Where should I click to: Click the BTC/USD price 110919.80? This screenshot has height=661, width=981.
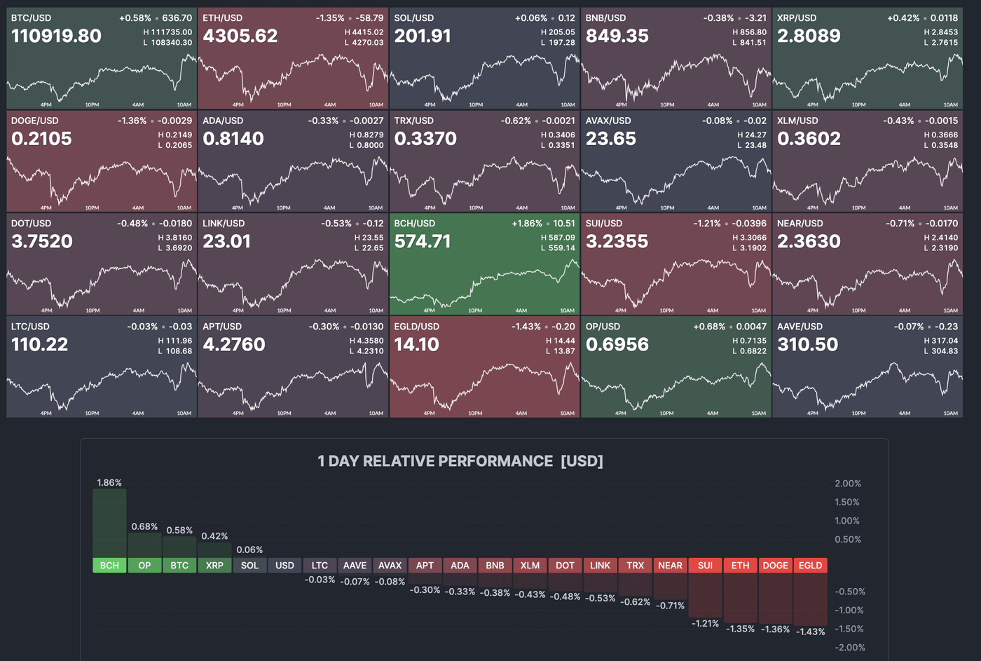pos(56,36)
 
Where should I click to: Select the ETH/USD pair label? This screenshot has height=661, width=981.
pos(222,18)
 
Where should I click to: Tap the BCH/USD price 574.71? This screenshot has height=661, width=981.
pos(423,242)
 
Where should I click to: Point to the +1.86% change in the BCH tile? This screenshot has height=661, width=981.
pos(527,224)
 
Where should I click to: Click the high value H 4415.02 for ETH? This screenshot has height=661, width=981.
pos(364,32)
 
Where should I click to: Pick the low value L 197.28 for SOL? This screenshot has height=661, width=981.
pos(558,43)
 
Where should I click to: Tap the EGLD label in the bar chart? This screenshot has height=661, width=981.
pos(810,566)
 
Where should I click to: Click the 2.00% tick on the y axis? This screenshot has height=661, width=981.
pos(847,484)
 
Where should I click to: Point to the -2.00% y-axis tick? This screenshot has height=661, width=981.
pos(849,648)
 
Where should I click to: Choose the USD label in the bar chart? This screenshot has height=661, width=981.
pos(284,566)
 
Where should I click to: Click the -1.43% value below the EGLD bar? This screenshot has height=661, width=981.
pos(810,632)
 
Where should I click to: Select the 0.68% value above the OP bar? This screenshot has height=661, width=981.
pos(144,526)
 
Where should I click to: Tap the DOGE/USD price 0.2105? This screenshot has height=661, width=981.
pos(41,139)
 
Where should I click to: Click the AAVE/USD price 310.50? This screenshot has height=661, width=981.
pos(807,345)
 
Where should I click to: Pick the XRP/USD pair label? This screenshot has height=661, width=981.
pos(797,18)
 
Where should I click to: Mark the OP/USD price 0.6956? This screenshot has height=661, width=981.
pos(617,345)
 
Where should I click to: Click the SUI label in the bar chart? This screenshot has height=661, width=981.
pos(705,566)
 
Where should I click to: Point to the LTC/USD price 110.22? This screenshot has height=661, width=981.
pos(40,345)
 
